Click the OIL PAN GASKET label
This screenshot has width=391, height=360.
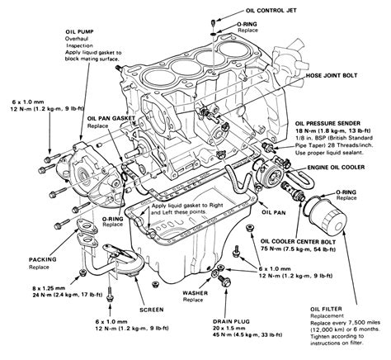(112, 118)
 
